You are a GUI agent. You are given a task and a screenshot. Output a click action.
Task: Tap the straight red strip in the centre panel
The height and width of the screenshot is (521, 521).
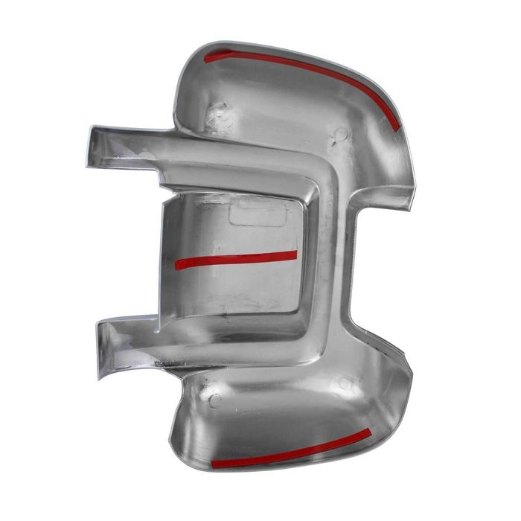point(236,258)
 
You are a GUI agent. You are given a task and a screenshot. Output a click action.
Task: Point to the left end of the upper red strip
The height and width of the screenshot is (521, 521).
point(208,57)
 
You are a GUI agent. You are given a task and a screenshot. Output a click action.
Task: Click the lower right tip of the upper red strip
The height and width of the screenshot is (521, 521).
point(396,127)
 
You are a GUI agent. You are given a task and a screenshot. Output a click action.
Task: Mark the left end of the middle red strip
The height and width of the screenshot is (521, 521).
point(178,263)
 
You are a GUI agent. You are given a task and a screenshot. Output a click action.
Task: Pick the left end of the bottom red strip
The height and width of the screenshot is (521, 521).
point(214,465)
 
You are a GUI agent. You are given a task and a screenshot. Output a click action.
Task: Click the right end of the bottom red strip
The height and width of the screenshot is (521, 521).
point(368,432)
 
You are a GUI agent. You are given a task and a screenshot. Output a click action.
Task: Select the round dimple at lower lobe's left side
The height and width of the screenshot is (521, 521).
point(214,400)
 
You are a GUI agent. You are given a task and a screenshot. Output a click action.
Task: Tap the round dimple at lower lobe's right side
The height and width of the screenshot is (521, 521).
point(345,384)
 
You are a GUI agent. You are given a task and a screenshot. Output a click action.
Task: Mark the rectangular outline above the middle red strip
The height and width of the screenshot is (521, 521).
point(258,213)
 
